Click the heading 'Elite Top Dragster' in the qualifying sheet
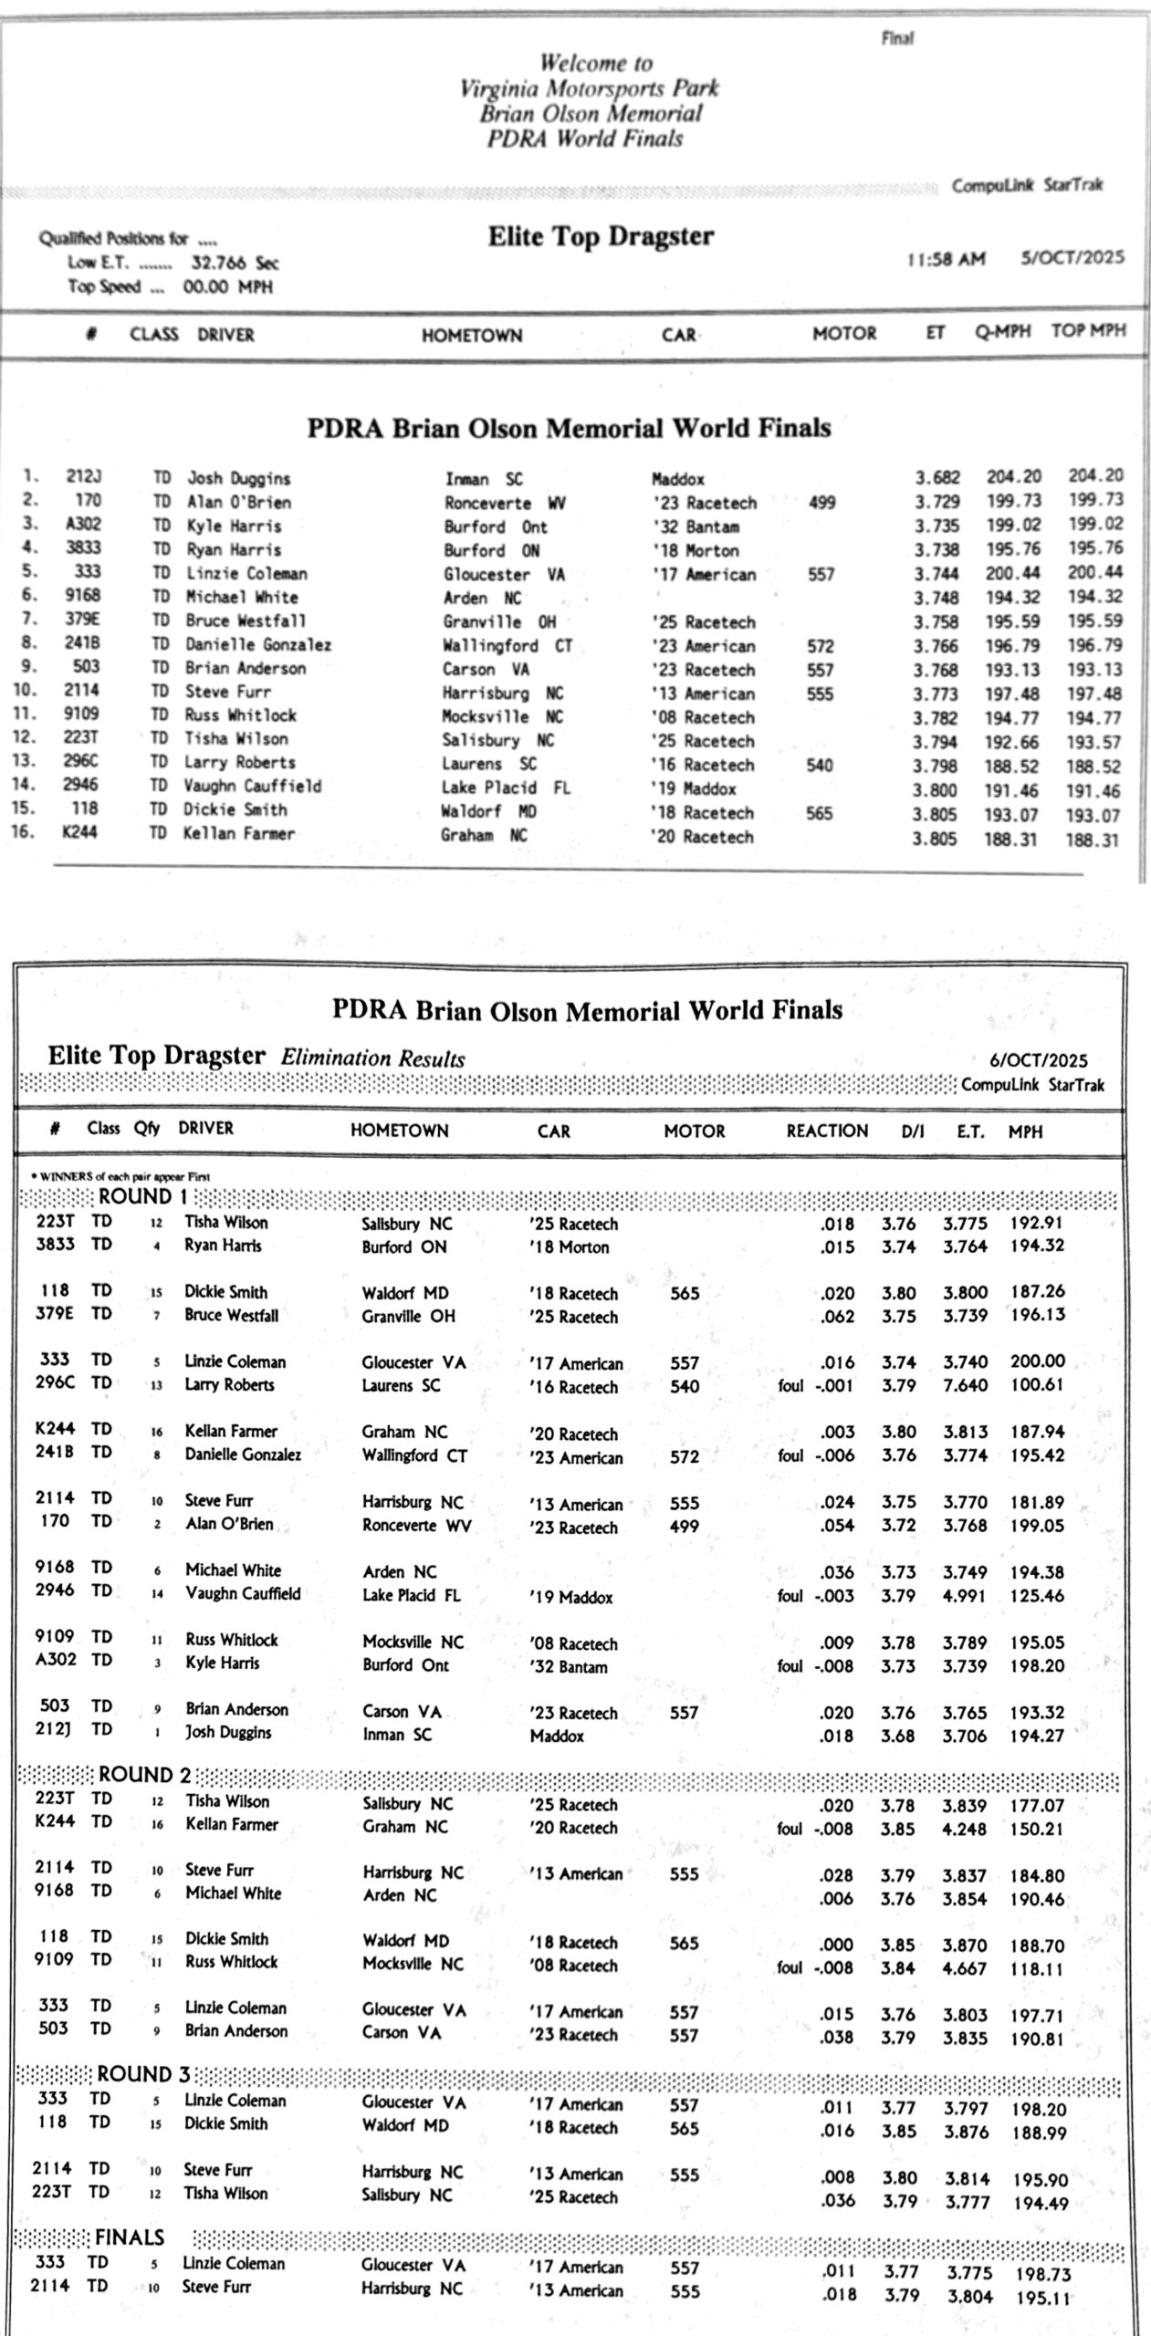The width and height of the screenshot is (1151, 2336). pos(601,236)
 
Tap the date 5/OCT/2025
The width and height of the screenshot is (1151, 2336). pos(1073,257)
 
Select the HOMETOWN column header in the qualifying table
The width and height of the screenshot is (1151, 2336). pos(471,335)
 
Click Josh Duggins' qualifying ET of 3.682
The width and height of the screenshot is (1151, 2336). pos(937,476)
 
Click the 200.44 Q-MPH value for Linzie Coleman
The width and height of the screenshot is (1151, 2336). pos(1011,572)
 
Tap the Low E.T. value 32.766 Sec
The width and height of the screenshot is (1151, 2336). pos(235,264)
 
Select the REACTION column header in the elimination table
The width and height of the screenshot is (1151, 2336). pos(827,1131)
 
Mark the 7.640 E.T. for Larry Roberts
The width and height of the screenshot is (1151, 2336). pos(965,1385)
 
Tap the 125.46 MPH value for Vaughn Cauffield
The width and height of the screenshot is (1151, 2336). pos(1037,1595)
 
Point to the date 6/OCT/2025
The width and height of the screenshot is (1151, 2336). pos(1038,1060)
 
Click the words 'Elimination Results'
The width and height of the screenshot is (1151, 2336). pos(372,1058)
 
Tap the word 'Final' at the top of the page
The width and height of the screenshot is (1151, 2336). pos(897,38)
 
